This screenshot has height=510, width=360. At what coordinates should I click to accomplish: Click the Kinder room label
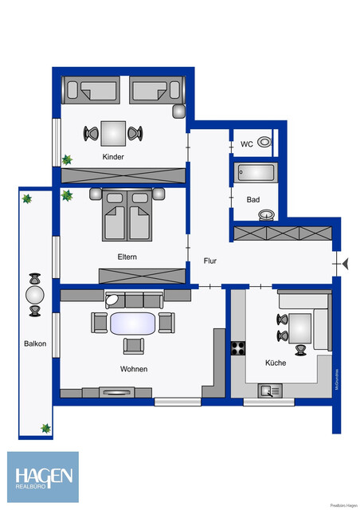coord(113,157)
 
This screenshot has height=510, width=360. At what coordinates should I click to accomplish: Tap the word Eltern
coord(127,257)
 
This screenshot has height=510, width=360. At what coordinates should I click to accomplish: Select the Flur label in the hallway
coord(209,261)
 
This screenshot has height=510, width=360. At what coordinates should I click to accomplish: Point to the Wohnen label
coord(134,369)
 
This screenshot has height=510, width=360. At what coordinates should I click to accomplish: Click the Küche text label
coord(276,363)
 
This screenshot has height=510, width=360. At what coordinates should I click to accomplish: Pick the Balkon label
coord(35,343)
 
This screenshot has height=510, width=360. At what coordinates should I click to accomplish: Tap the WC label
coord(247,144)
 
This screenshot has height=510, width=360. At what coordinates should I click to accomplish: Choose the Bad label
coord(253,198)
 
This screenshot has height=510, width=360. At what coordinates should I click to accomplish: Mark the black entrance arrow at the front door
coord(344,262)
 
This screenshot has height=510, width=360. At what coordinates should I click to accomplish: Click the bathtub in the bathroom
coord(255,171)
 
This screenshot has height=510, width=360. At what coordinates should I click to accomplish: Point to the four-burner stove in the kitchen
coord(238,347)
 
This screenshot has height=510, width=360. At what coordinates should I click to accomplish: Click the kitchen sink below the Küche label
coord(269,390)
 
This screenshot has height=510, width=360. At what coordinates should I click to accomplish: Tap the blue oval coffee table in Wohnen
coord(132,323)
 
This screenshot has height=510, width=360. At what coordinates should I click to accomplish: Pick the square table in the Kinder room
coord(113,131)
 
